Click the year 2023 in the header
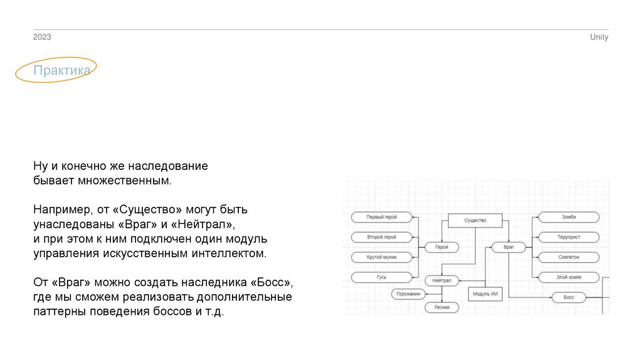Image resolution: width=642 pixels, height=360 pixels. pos(42,38)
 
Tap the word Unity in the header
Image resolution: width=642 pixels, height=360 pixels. pos(599,38)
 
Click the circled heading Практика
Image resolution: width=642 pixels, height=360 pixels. pos(61,70)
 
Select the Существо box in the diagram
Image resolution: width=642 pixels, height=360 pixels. pos(475,221)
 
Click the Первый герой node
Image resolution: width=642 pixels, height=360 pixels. pos(382,217)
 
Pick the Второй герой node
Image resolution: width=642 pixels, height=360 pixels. pos(382,237)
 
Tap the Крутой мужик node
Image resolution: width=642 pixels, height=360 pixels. pos(382,257)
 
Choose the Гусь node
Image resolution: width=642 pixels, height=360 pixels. pos(382,277)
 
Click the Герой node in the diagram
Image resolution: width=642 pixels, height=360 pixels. pos(441,247)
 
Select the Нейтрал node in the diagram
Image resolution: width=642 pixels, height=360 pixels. pos(442,280)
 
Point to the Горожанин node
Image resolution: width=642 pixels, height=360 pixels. pos(409,294)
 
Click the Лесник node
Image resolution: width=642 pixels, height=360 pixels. pos(441,307)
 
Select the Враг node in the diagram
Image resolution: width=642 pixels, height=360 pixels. pos(508,247)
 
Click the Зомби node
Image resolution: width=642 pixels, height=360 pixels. pos(568,217)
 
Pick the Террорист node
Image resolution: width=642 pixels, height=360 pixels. pos(568,237)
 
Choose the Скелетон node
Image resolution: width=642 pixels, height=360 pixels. pos(568,257)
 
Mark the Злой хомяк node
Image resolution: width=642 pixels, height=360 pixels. pos(568,277)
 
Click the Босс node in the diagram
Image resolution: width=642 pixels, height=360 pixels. pos(568,297)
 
